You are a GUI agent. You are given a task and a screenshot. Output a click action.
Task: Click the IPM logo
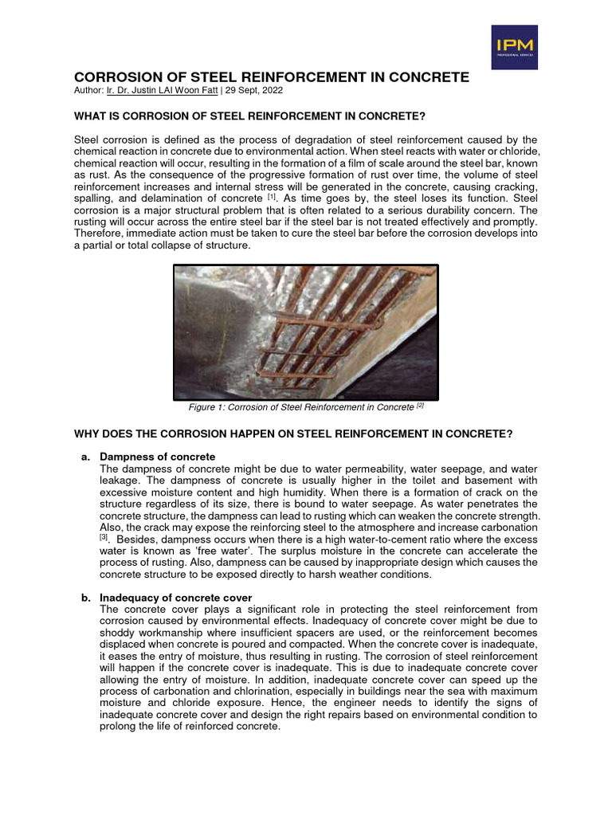coord(514,46)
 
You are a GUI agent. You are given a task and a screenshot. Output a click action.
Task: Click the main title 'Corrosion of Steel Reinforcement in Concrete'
coord(272,77)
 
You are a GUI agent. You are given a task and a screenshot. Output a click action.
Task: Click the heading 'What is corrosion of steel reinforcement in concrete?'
coord(255,116)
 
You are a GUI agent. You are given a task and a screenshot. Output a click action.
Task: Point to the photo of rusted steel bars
coord(306,331)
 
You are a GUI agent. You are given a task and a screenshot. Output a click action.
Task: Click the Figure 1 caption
coord(306,407)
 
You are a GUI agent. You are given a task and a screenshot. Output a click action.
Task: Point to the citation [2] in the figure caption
coord(418,406)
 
